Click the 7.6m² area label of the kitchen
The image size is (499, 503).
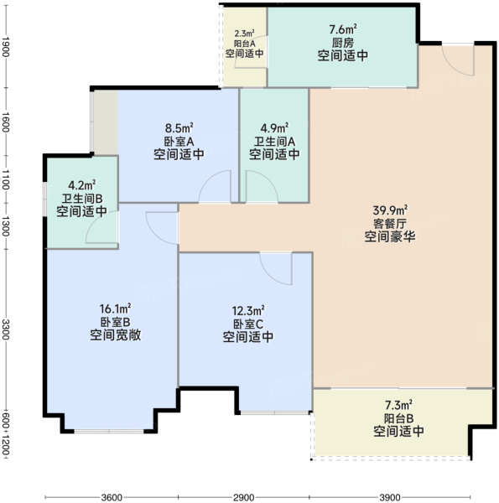click(343, 29)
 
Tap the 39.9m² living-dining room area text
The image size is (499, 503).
click(390, 210)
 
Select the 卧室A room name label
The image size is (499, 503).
click(179, 142)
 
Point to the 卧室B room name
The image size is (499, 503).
click(115, 322)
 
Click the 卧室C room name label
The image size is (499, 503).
click(248, 324)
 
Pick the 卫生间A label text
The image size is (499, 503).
click(275, 142)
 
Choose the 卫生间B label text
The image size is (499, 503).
click(82, 199)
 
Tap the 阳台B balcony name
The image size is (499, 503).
click(398, 418)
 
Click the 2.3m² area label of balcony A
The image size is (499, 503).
click(245, 34)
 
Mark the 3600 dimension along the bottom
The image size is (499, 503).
click(112, 497)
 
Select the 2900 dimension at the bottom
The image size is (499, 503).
click(243, 497)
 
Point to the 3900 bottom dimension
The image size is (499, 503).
click(390, 497)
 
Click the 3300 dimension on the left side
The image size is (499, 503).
click(6, 329)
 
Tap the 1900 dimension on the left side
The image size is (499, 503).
click(6, 47)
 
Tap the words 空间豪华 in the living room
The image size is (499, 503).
click(390, 236)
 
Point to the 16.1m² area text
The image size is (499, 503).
click(115, 309)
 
